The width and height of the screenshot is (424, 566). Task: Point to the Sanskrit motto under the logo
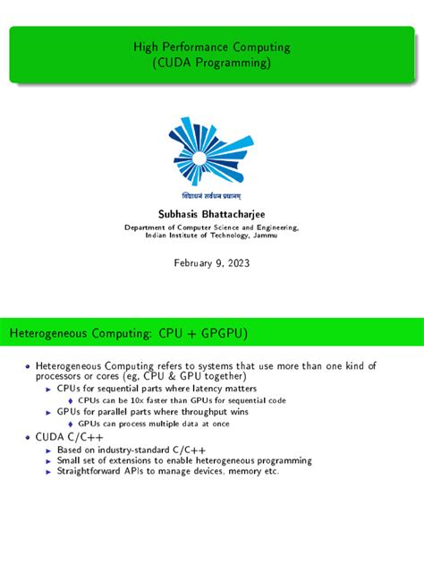[212, 194]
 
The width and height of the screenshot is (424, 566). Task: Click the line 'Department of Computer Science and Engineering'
[211, 228]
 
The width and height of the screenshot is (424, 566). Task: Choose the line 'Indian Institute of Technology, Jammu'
[211, 237]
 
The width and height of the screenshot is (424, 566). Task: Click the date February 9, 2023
[211, 263]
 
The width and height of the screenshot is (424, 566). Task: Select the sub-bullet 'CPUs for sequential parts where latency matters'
[157, 389]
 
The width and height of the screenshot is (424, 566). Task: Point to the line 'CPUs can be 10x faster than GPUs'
[182, 400]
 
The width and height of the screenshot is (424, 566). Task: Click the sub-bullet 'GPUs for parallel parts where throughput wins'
[153, 412]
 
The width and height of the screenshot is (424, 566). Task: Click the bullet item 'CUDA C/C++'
[66, 436]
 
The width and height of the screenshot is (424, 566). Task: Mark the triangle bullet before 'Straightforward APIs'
[48, 471]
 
